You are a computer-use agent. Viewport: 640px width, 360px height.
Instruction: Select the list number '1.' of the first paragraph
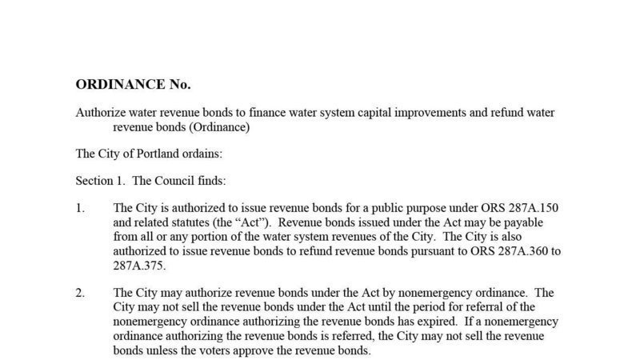click(x=80, y=208)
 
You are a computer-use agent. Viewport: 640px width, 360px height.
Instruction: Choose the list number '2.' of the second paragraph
click(x=80, y=293)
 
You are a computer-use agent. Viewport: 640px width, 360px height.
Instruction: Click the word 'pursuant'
click(x=418, y=250)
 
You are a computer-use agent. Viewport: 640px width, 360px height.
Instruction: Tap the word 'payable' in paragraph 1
click(x=539, y=222)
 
